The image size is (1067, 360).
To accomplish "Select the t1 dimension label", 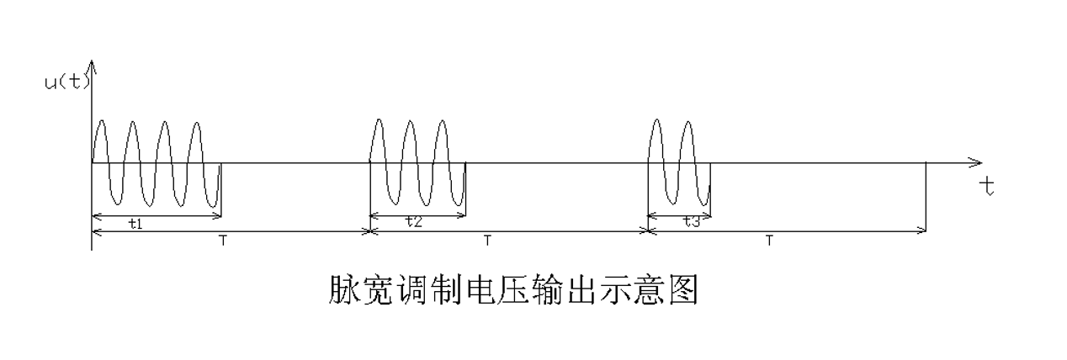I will click(x=135, y=224).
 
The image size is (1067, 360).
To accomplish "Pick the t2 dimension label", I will click(x=412, y=222).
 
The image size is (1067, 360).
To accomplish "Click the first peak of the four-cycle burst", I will click(x=101, y=122).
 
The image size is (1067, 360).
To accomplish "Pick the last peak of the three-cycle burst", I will click(x=442, y=122).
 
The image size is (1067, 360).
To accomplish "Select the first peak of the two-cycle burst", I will click(x=658, y=122).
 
